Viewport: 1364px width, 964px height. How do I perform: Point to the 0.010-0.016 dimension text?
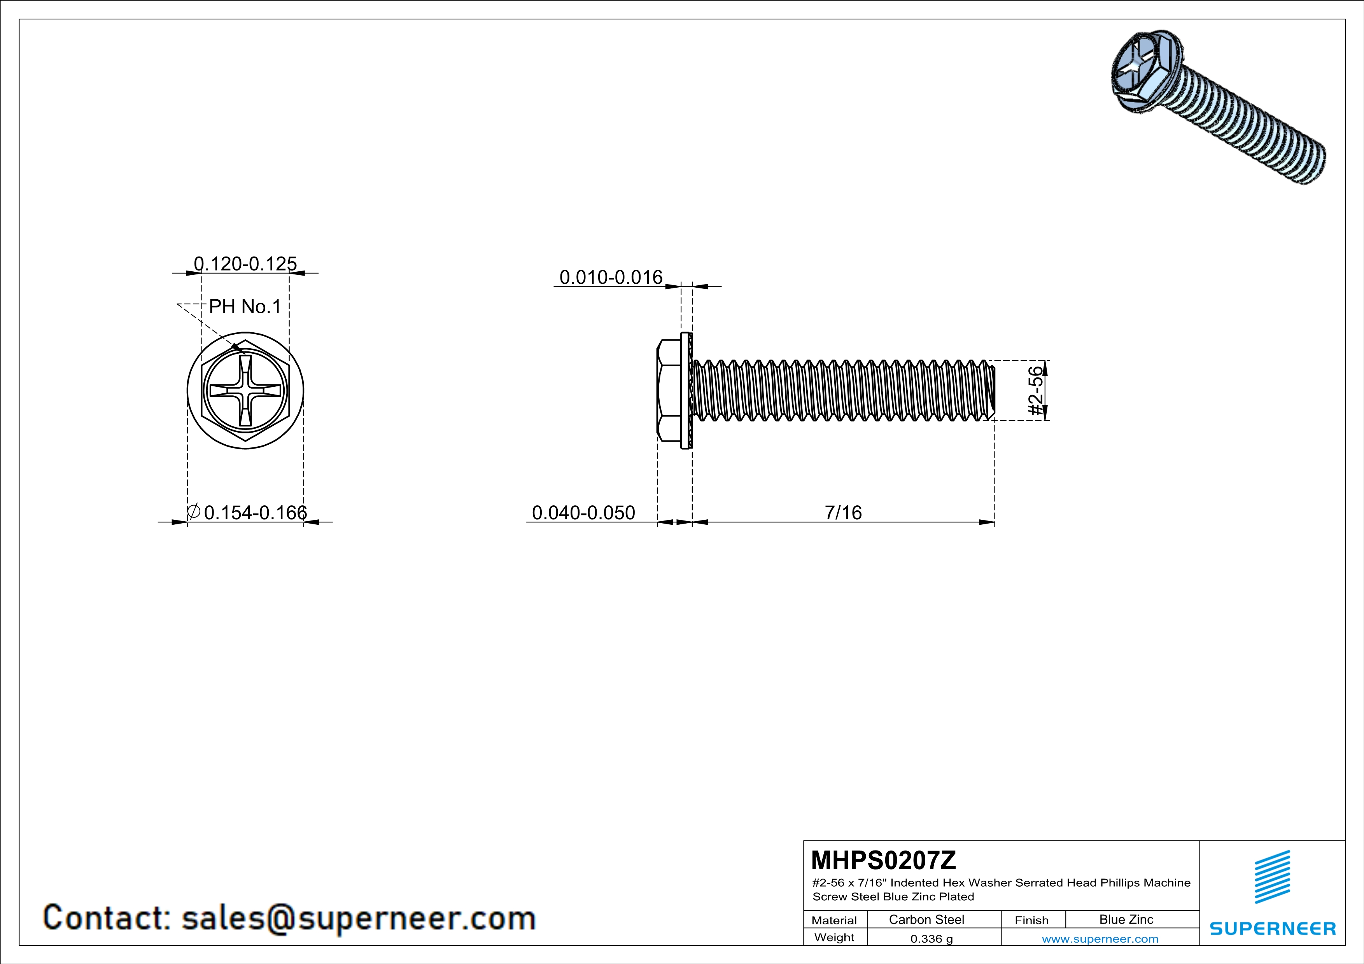[x=611, y=277]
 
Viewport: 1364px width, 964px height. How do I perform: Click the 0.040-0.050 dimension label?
[x=583, y=512]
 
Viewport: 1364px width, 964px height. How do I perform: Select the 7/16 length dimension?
[x=842, y=512]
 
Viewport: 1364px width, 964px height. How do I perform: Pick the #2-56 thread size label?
[x=1035, y=391]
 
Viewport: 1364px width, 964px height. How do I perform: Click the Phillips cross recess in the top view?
[x=245, y=391]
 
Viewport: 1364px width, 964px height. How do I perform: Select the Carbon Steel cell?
[x=926, y=919]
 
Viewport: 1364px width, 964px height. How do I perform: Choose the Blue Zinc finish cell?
[x=1126, y=919]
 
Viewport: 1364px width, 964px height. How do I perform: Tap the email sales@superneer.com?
[x=358, y=918]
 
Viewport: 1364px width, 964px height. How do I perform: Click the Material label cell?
[x=834, y=920]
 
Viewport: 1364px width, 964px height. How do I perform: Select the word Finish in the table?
[x=1031, y=920]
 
